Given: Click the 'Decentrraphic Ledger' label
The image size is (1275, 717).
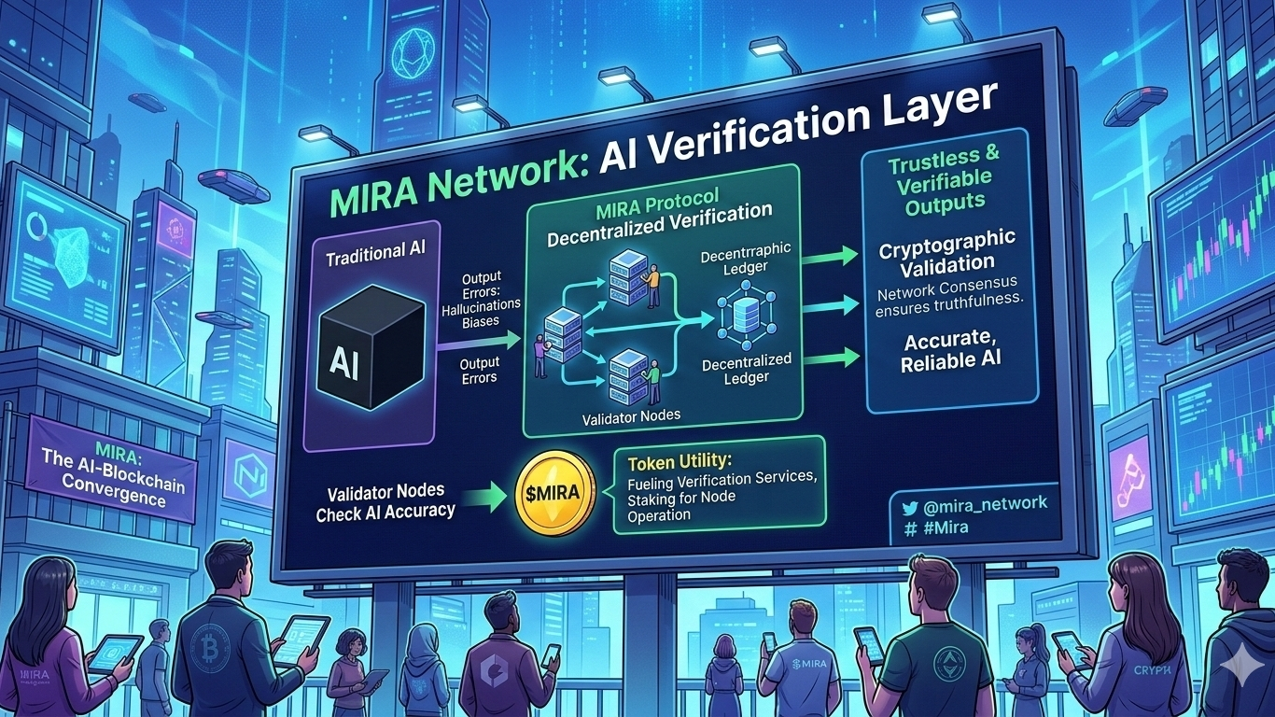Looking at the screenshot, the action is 746,258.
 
